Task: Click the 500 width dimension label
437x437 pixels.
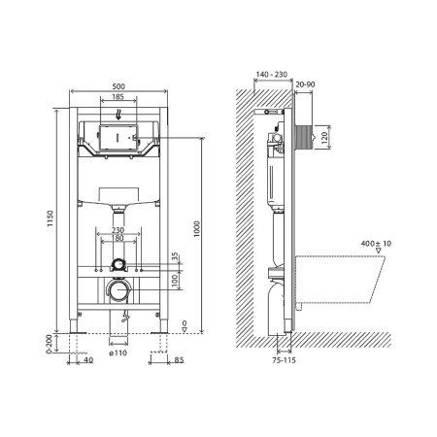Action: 118,85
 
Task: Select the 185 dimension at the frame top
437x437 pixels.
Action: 118,98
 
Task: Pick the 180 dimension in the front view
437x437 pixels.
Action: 118,239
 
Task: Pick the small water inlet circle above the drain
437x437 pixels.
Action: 118,263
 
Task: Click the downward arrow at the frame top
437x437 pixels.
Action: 118,112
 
